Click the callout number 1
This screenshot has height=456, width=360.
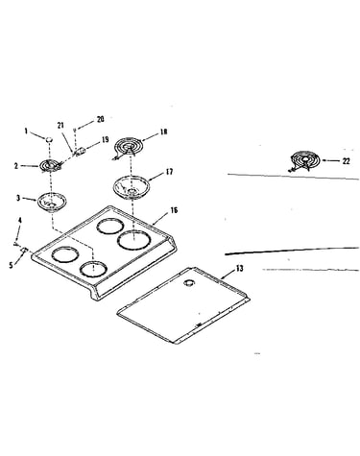[27, 131]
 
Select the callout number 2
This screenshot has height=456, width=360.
[16, 166]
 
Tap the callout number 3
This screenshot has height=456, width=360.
[18, 198]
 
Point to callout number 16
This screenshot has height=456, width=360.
[174, 210]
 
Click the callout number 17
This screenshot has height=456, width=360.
[169, 172]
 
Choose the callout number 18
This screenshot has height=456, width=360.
[163, 132]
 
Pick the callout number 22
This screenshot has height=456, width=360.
[346, 161]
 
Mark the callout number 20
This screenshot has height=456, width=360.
[101, 119]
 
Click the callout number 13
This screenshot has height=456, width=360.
[239, 268]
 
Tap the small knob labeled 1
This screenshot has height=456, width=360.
[49, 139]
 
